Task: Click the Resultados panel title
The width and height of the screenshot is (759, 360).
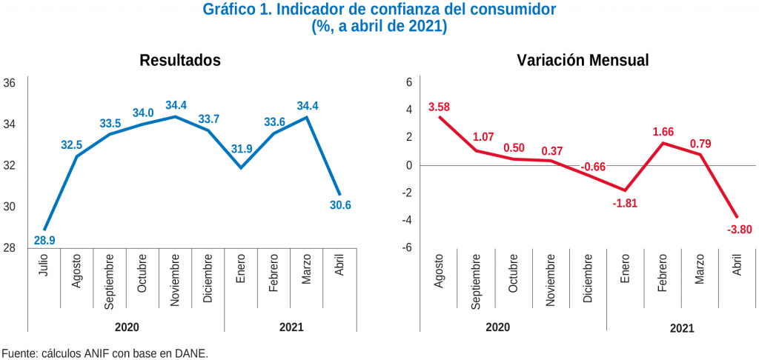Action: click(x=180, y=61)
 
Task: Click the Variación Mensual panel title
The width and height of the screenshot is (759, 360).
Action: click(x=583, y=61)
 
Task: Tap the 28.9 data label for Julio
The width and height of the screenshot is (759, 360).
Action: click(x=44, y=241)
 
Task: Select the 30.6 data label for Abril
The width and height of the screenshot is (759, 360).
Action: click(x=340, y=205)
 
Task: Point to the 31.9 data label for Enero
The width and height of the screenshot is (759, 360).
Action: click(x=242, y=149)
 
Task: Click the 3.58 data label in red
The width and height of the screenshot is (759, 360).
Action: click(x=440, y=107)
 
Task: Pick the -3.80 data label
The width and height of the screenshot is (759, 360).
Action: click(x=739, y=229)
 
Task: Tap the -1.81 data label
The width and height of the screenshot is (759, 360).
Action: click(x=626, y=202)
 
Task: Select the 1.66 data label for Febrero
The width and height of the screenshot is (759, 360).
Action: click(x=663, y=132)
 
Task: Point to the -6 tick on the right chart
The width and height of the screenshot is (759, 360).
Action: click(x=407, y=247)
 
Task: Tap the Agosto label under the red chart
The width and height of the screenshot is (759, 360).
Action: click(x=439, y=270)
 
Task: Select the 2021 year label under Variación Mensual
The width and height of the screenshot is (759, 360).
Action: click(x=682, y=327)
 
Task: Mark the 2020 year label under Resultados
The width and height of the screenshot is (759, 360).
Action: click(x=127, y=326)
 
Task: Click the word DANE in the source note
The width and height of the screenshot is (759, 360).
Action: click(x=193, y=353)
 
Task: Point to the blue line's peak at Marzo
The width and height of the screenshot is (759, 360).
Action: click(x=307, y=116)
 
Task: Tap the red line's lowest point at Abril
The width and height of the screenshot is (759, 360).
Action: click(x=738, y=217)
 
